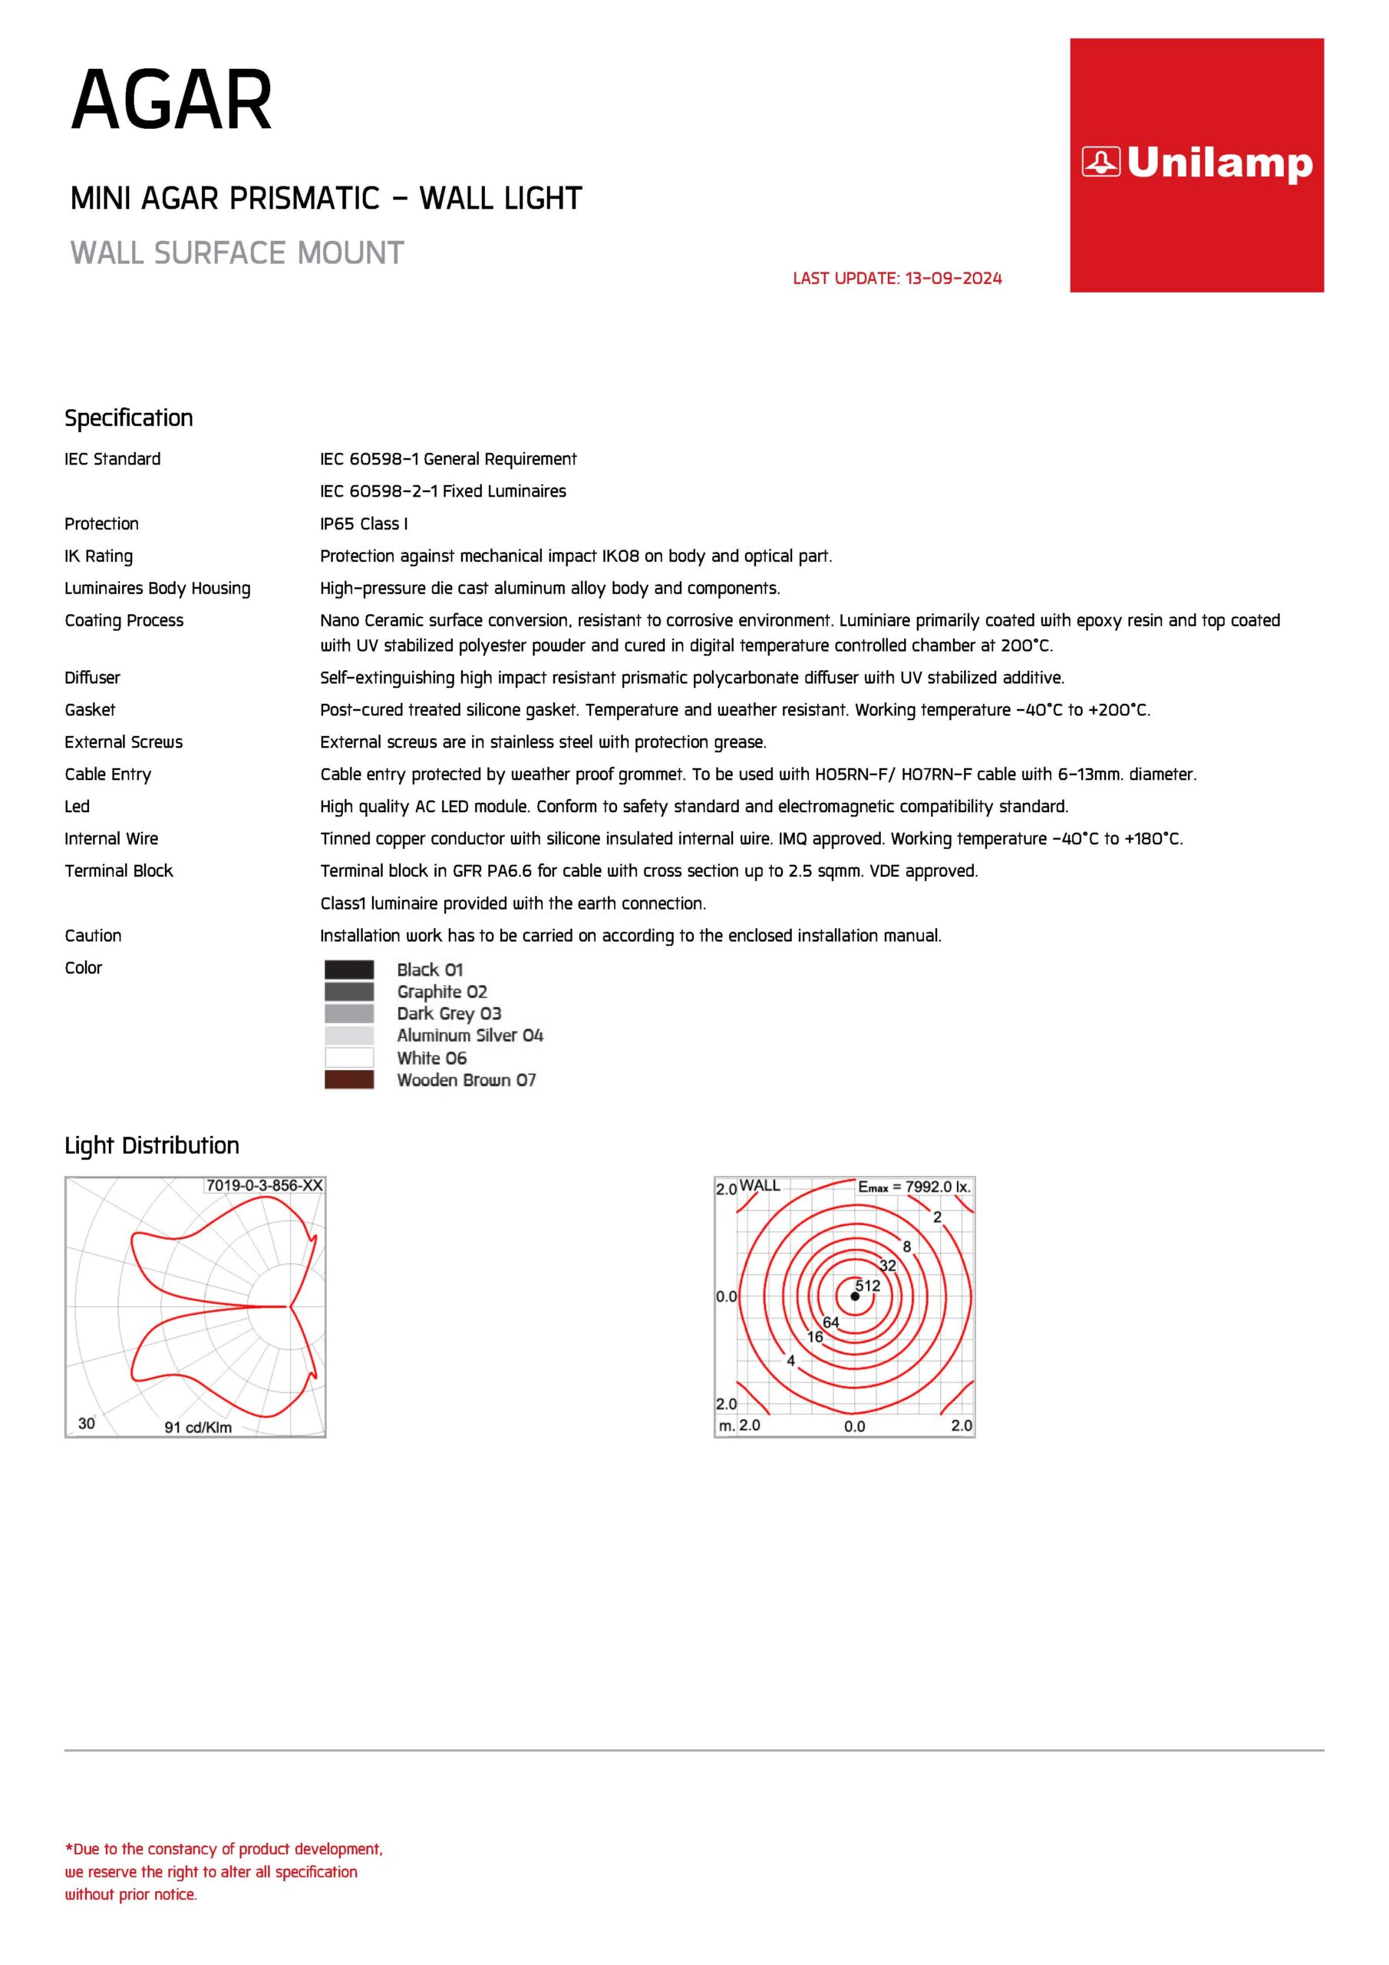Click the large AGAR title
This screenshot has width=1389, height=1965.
(171, 101)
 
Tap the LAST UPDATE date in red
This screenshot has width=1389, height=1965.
(897, 278)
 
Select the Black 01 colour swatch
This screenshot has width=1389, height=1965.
(349, 969)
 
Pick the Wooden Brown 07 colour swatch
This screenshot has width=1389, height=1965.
(349, 1080)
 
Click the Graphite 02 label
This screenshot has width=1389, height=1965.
(441, 992)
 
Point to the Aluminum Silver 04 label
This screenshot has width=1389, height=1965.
(470, 1035)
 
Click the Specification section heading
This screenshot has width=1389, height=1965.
(128, 418)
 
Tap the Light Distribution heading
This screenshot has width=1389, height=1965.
(151, 1146)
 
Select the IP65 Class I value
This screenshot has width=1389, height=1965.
(364, 523)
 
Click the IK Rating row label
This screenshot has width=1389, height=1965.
(98, 556)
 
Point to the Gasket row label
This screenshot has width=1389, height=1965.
(90, 710)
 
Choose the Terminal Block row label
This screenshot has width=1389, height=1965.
(119, 871)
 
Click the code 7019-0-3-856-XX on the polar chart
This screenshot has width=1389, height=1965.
(265, 1186)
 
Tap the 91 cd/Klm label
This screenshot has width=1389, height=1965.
(198, 1428)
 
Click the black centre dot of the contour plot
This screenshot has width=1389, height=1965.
(855, 1296)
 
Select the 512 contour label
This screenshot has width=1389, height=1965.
(868, 1286)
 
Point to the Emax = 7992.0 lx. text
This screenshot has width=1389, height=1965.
(914, 1187)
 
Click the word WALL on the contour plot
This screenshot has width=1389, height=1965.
(760, 1186)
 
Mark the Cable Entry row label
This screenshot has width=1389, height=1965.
(108, 774)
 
